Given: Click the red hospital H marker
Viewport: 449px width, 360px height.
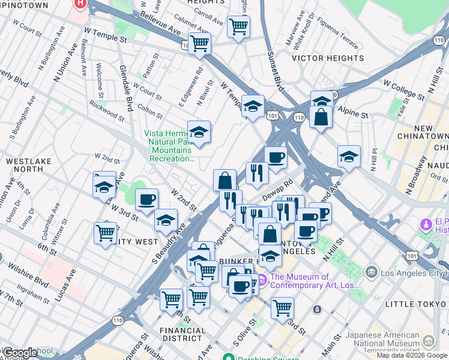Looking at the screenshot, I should point(80,4).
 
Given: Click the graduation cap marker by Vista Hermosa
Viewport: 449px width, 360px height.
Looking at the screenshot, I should point(199,131).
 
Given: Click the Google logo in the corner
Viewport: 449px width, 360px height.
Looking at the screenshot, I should point(19,353).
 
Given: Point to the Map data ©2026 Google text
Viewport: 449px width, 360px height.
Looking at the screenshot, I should point(411,355).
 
